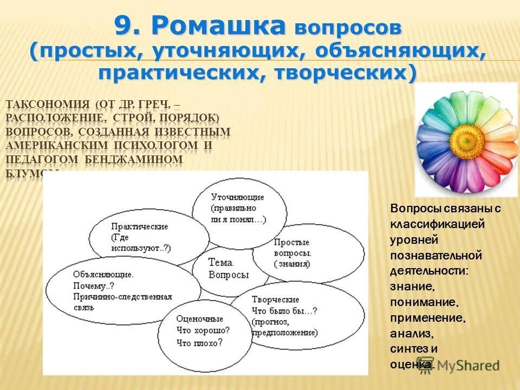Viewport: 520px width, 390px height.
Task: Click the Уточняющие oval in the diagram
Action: click(x=238, y=209)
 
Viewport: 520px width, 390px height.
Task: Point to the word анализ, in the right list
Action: click(x=412, y=333)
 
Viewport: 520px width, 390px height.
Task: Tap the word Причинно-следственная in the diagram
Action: click(x=122, y=297)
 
